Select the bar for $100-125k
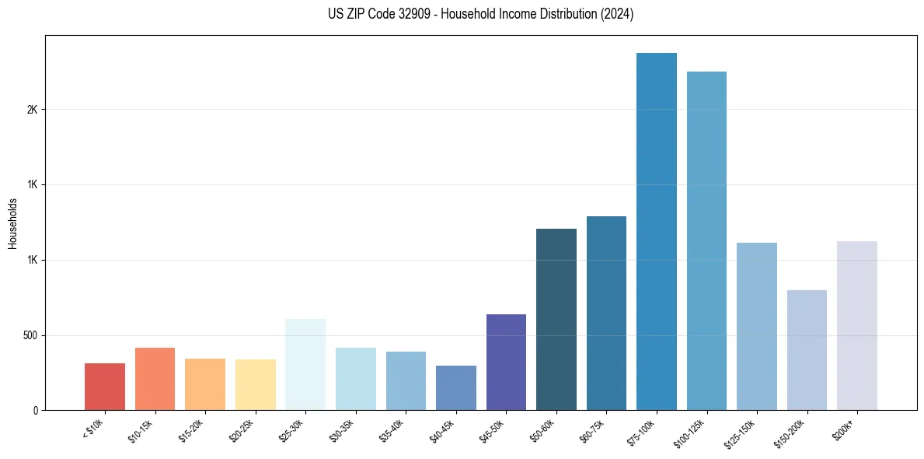point(706,240)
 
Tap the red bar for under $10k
point(105,387)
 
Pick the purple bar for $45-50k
point(506,362)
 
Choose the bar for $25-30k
point(305,364)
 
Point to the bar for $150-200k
point(807,350)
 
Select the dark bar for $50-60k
point(556,319)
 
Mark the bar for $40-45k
point(456,387)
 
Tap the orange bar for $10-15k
point(155,379)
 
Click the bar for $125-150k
point(757,326)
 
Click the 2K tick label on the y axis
point(32,110)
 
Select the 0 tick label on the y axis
point(35,411)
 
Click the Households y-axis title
point(13,223)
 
